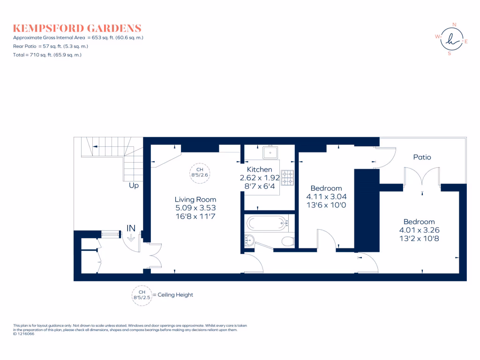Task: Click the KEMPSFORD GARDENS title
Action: click(77, 28)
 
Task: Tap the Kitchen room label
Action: click(259, 169)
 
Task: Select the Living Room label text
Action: click(195, 199)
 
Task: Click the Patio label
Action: click(422, 157)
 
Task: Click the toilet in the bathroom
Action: click(288, 241)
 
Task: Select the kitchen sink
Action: click(271, 152)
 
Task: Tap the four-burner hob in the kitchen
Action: click(287, 176)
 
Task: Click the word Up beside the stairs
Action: click(134, 186)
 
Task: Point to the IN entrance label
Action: click(131, 228)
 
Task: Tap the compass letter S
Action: click(450, 53)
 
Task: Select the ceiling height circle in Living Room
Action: click(199, 172)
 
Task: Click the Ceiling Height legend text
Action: click(175, 295)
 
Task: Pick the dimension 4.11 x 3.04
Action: click(326, 196)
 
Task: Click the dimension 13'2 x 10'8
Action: click(420, 238)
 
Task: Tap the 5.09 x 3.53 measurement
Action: click(195, 208)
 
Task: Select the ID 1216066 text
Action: click(24, 334)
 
